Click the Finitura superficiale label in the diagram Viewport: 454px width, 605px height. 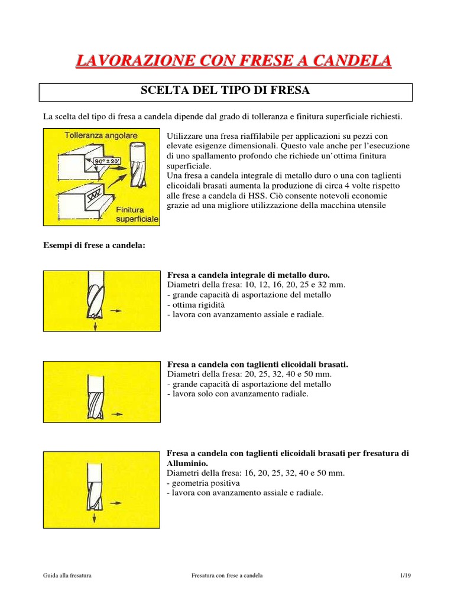(137, 214)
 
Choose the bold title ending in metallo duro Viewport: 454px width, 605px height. (248, 275)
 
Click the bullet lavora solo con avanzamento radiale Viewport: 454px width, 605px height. (238, 393)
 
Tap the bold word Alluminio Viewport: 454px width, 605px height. (187, 464)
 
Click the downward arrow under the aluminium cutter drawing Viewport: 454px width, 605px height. (93, 518)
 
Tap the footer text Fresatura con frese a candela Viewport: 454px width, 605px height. (228, 575)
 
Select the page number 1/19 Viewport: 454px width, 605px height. (404, 575)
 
